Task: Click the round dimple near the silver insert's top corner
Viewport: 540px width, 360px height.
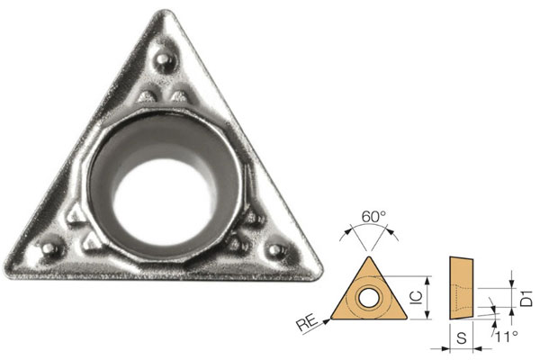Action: pos(165,59)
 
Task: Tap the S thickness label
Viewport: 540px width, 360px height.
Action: pos(460,339)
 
